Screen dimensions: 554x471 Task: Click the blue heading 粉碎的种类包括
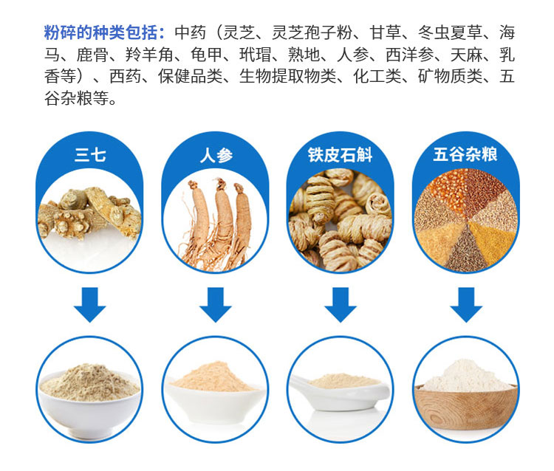100,32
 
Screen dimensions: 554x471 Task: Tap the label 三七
90,155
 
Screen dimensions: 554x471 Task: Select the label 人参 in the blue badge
216,155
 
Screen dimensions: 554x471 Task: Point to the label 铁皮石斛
340,155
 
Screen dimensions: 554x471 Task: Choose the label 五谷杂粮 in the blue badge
465,154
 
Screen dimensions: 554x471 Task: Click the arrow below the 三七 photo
89,305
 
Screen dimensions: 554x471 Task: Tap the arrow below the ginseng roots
215,305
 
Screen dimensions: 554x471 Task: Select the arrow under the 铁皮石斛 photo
341,305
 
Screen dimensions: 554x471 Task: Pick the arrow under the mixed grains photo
465,305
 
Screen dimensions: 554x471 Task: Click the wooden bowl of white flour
466,406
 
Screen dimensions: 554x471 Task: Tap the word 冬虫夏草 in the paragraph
450,32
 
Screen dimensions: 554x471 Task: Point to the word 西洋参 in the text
409,55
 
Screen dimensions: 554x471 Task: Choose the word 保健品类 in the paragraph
191,76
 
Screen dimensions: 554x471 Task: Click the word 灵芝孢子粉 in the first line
312,32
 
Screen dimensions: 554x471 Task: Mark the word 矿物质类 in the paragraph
450,76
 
